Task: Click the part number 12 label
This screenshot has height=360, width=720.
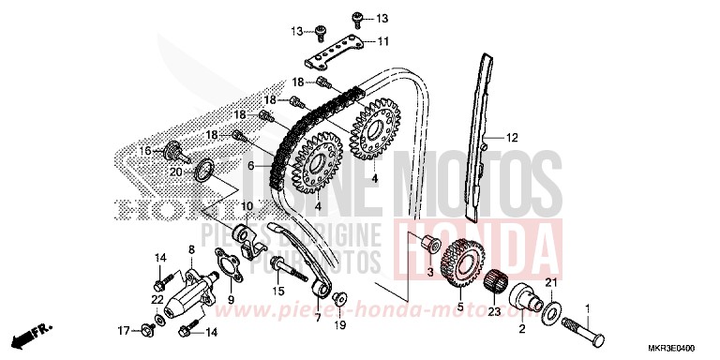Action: [x=512, y=138]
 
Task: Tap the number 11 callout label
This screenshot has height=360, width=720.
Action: [x=382, y=41]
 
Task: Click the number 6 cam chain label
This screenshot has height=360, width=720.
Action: [x=250, y=166]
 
